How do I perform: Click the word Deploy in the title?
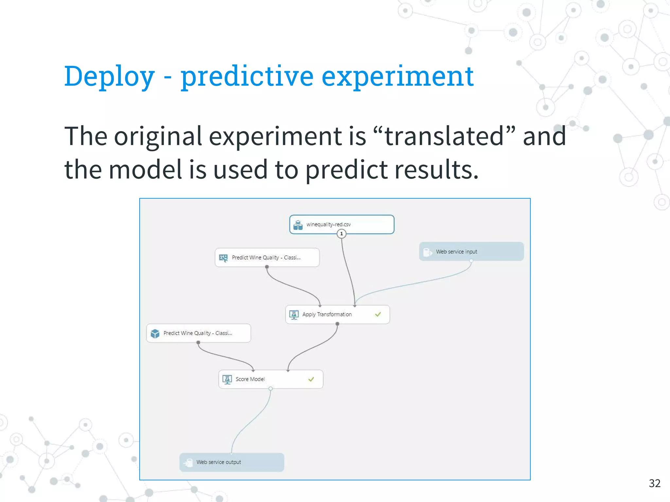(109, 76)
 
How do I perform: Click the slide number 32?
(654, 483)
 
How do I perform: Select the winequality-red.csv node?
(342, 224)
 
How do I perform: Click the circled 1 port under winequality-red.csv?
(342, 234)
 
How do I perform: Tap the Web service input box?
(471, 251)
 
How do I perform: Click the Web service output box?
(232, 462)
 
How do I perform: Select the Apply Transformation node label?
(327, 314)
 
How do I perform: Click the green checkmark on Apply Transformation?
(378, 314)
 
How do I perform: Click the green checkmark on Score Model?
(311, 379)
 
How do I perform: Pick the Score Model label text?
(250, 379)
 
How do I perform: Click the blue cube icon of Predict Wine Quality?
(155, 333)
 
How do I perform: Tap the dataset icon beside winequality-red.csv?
(298, 225)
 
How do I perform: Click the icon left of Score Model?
(227, 379)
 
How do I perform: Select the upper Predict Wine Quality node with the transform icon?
(267, 258)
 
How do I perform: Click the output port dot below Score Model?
(271, 389)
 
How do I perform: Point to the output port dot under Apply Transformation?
(337, 324)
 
